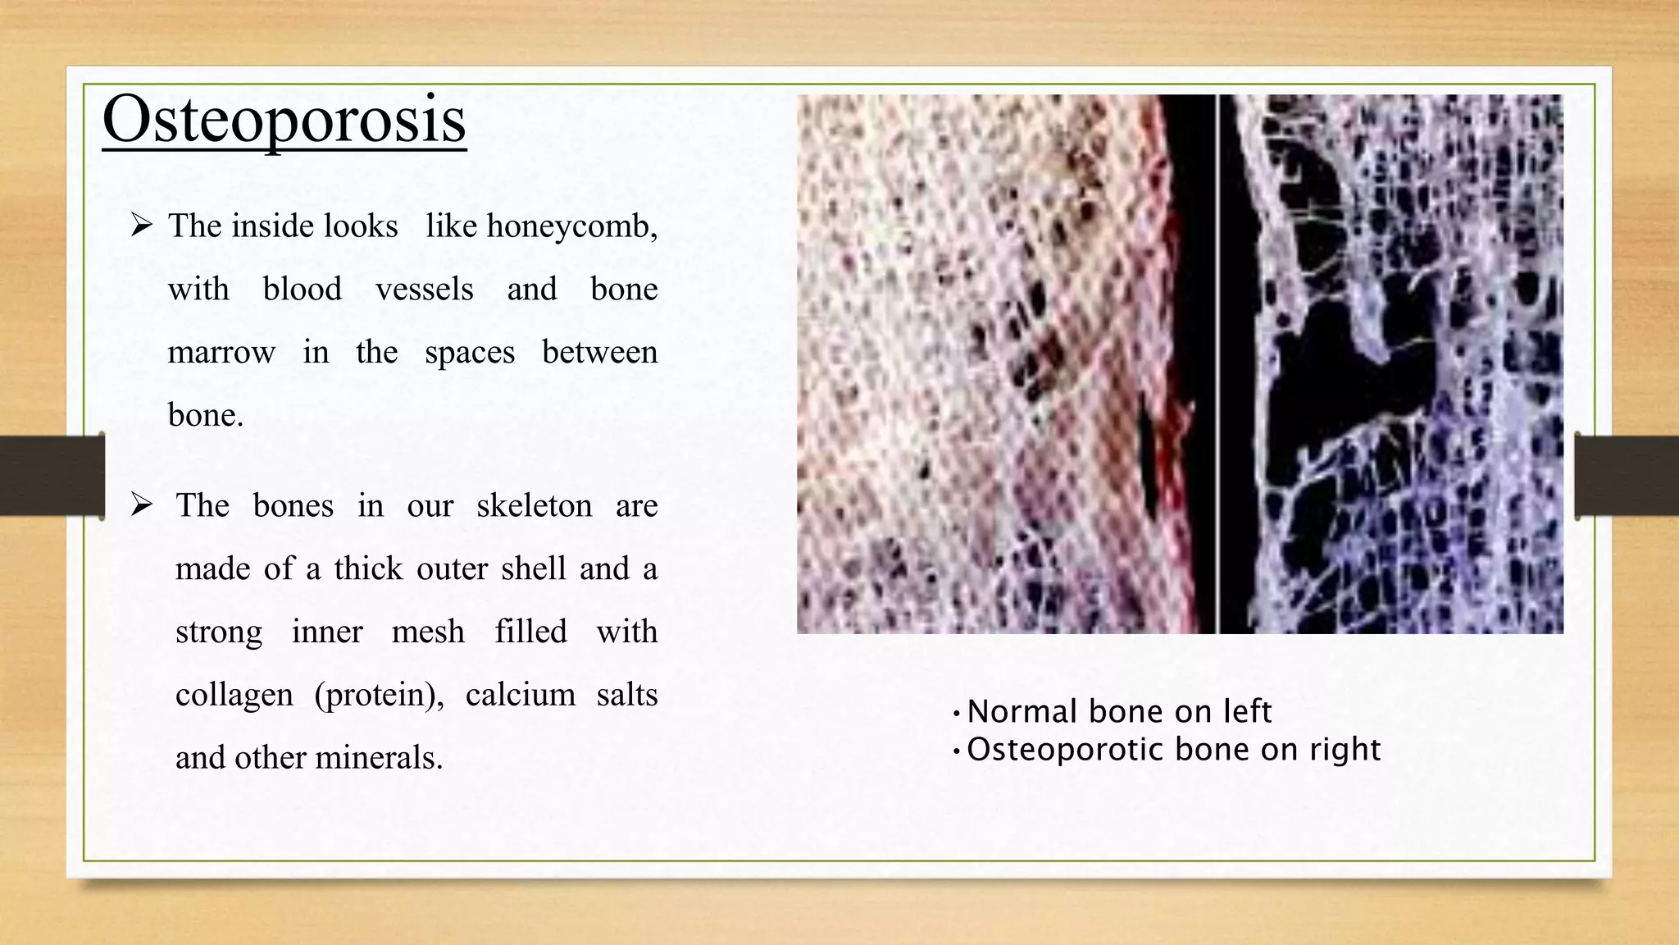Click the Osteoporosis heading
pos(284,120)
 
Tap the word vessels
pos(424,290)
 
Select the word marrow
pos(221,353)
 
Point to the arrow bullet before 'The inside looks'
pos(142,225)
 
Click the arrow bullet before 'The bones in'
pos(142,505)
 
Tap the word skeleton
pos(534,505)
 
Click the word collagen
pos(234,695)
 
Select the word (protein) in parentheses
pos(378,695)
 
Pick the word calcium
pos(520,695)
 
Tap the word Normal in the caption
pos(1022,711)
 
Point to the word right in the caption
pos(1345,749)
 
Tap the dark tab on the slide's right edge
pos(1627,476)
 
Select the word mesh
pos(427,632)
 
